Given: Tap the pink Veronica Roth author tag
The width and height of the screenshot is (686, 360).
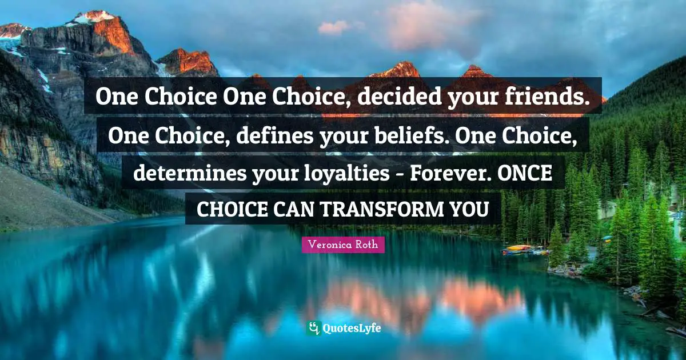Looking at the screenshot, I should pos(343,245).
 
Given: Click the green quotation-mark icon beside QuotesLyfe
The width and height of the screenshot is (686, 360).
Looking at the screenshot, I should pos(313,328).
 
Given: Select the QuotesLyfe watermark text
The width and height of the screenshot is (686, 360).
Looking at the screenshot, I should pos(352,329).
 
